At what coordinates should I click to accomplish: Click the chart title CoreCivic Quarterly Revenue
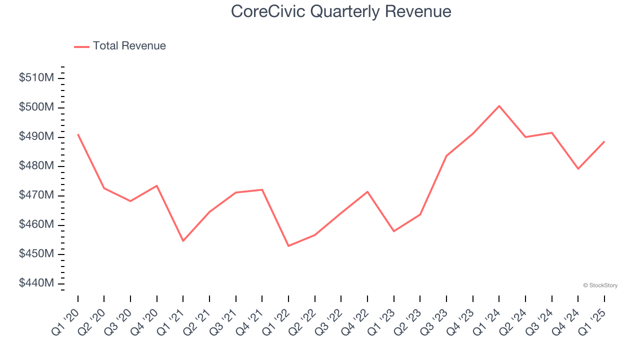[x=341, y=11]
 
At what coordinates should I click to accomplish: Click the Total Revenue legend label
[x=129, y=46]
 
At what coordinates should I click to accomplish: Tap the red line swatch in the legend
[x=81, y=46]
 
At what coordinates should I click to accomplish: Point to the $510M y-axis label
[x=36, y=78]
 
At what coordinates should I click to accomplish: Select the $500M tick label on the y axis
[x=36, y=107]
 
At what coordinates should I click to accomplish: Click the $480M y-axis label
[x=36, y=166]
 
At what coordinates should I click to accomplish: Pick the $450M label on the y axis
[x=36, y=254]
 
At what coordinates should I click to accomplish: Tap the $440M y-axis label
[x=36, y=283]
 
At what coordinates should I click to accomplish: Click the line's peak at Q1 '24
[x=499, y=106]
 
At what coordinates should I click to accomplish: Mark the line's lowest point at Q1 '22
[x=288, y=246]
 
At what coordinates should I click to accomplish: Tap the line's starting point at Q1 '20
[x=78, y=134]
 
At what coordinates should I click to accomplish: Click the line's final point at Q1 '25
[x=604, y=141]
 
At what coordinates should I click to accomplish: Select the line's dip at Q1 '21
[x=183, y=241]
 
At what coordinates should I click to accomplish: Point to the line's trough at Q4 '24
[x=578, y=169]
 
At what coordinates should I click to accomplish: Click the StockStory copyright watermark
[x=600, y=285]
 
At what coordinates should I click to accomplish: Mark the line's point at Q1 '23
[x=393, y=231]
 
